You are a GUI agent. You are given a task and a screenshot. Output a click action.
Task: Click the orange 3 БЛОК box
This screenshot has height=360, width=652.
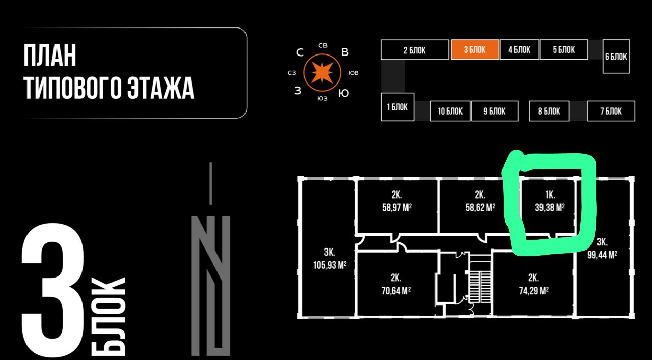point(475,50)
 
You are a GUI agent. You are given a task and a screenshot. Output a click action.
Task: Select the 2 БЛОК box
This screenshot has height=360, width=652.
point(414,50)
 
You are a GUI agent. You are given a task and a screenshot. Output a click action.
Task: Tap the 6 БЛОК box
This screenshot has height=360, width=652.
point(616,56)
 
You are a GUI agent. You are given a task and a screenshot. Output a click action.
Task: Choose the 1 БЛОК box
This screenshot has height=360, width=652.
point(397,107)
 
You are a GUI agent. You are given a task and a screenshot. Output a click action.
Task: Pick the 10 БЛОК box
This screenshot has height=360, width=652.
point(450,111)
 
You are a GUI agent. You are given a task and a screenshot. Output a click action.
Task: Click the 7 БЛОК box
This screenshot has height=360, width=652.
point(611,111)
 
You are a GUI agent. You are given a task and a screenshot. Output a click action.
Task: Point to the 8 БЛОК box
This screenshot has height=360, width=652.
point(549,111)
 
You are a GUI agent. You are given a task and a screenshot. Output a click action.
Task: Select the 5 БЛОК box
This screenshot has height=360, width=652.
point(563,49)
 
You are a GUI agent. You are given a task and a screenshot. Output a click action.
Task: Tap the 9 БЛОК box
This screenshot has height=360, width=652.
point(494,111)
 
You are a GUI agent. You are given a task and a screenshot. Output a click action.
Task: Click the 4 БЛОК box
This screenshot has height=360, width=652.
point(519,49)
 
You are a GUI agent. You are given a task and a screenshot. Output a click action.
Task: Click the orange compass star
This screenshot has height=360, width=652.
point(322,73)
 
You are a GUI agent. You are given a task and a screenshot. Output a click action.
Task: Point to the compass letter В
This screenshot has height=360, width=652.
point(345,52)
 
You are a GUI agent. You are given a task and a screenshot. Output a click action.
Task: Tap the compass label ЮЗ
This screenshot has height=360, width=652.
point(322,98)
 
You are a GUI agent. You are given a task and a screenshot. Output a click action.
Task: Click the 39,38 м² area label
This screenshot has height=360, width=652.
point(550,207)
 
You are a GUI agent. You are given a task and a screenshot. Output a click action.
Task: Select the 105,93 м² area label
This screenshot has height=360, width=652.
point(329,265)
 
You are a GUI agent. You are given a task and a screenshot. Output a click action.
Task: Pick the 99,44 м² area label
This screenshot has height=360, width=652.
point(602,255)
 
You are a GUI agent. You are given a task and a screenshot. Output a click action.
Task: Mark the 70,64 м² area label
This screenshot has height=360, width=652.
point(396,291)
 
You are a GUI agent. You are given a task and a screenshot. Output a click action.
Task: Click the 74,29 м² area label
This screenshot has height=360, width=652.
point(533,291)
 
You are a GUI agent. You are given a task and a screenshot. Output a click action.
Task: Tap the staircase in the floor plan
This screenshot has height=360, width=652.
point(479,286)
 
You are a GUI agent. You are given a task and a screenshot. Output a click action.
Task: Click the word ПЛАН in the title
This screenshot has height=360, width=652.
point(50,56)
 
